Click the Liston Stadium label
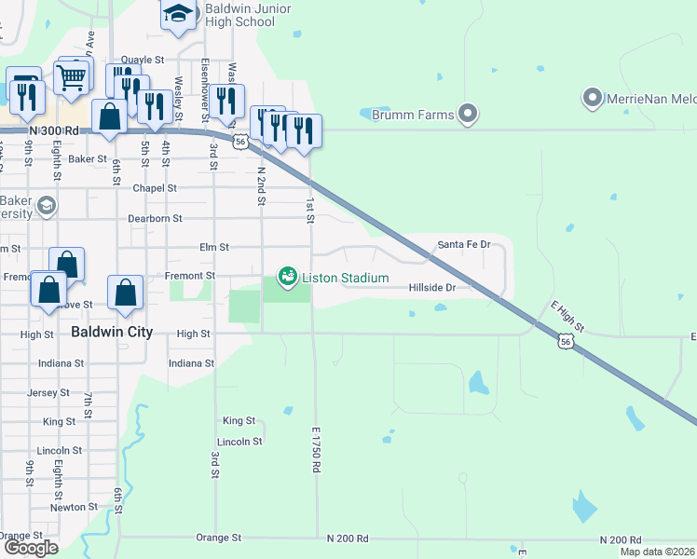point(345,278)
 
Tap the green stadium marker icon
point(288,277)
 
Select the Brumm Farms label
point(413,115)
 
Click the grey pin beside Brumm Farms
point(468,116)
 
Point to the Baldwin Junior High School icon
point(177,16)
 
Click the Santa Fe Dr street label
point(463,244)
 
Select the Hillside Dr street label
point(432,288)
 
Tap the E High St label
point(567,317)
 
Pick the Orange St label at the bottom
point(219,538)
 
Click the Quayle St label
point(143,60)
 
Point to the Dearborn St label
point(156,218)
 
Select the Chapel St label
point(155,188)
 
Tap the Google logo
point(31,547)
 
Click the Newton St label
point(68,508)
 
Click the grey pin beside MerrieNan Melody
point(591,97)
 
